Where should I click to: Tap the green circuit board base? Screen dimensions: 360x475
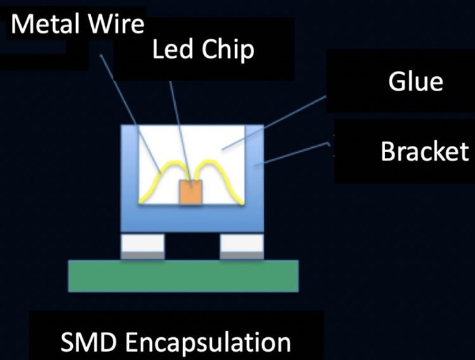183,276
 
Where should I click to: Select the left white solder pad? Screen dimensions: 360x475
143,243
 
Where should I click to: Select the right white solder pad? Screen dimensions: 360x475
241,243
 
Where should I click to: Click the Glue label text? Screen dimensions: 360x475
415,82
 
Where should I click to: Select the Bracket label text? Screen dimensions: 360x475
424,151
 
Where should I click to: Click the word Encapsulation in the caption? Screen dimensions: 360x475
208,343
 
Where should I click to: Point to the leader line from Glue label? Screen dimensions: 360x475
279,123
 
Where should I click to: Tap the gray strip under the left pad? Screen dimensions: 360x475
143,255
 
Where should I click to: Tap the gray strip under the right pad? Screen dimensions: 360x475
241,255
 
